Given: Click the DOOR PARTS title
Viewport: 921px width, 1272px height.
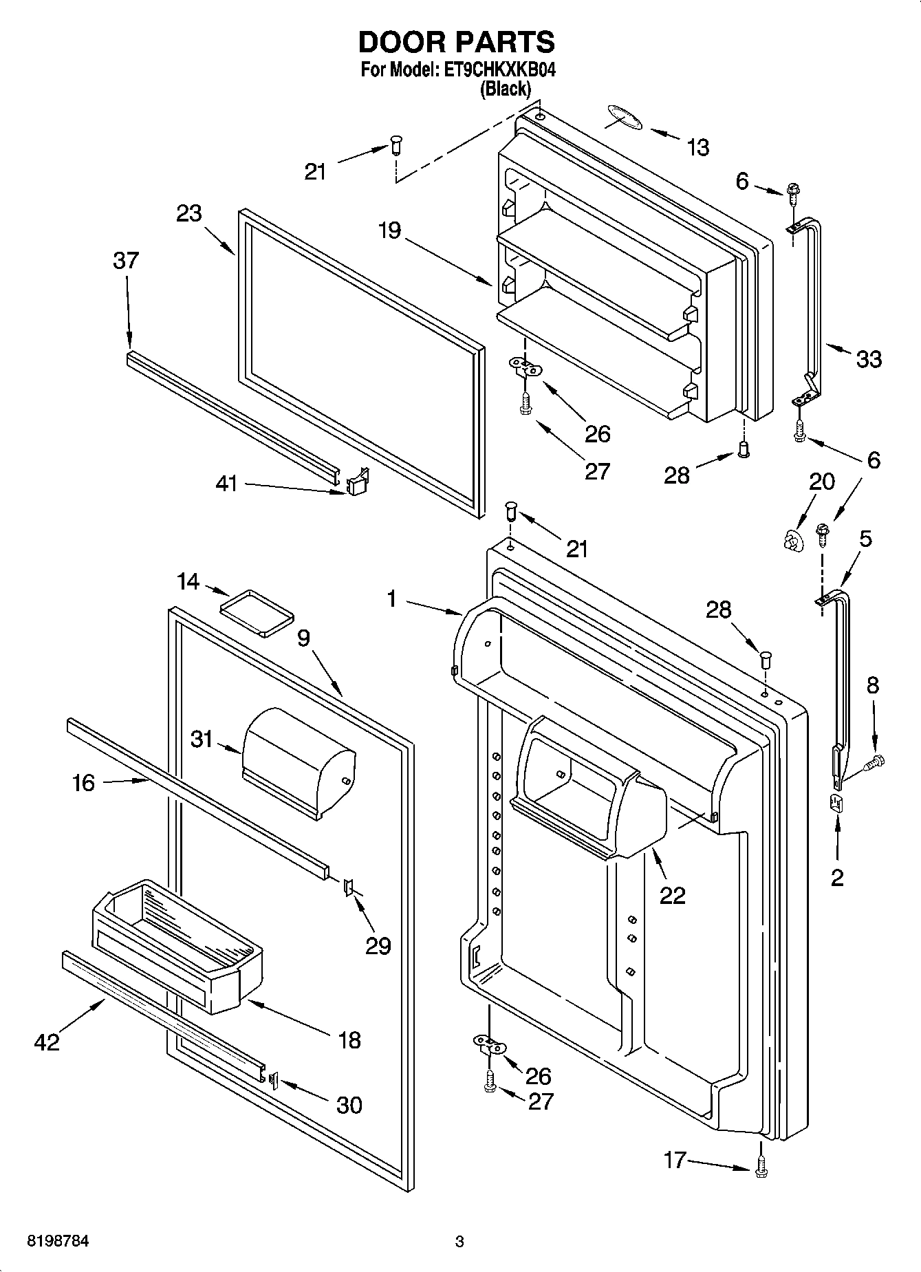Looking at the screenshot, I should (x=456, y=42).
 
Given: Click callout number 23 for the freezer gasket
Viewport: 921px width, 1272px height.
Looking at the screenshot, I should (x=188, y=213).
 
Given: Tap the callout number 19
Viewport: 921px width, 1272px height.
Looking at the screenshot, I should (x=389, y=230).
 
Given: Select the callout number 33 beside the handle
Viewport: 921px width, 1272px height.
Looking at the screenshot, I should (x=869, y=358).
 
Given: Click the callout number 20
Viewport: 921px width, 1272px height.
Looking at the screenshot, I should (x=821, y=482).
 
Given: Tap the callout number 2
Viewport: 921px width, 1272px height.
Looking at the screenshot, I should (x=836, y=877).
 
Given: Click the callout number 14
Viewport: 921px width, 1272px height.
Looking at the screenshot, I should (x=188, y=582).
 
